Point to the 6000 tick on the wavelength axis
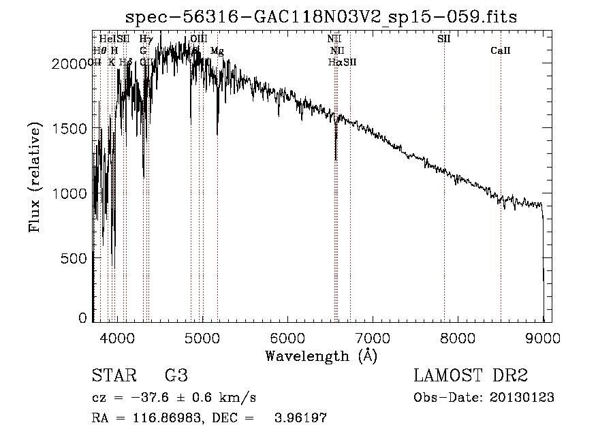[x=287, y=338]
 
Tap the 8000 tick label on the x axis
[x=458, y=338]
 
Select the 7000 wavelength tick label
[x=373, y=338]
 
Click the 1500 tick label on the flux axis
[x=71, y=129]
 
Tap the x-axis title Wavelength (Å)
[x=321, y=356]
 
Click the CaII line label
[x=501, y=51]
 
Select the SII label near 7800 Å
[x=444, y=39]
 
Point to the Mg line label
[x=217, y=51]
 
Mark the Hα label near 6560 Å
[x=334, y=62]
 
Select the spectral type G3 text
[x=176, y=376]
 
